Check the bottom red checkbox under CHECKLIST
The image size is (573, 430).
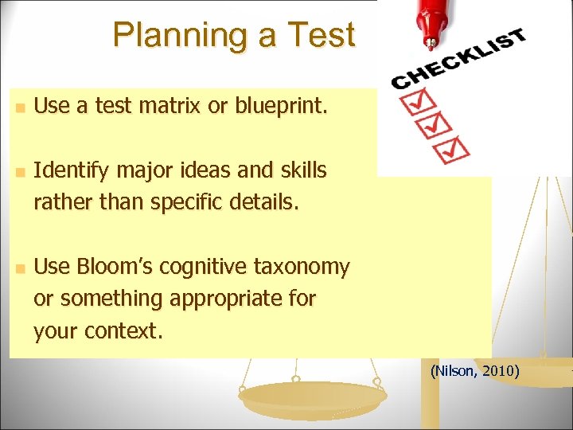(x=454, y=148)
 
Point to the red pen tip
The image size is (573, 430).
(x=431, y=39)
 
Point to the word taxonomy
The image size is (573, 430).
(x=306, y=267)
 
